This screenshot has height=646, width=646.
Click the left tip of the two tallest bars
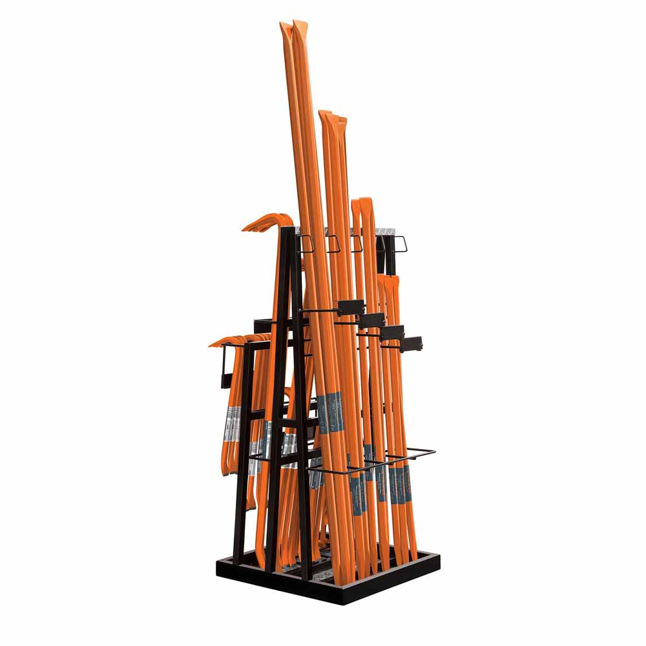285,27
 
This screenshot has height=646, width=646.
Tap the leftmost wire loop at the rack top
306,244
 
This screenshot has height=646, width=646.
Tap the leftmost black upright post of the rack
240,452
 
